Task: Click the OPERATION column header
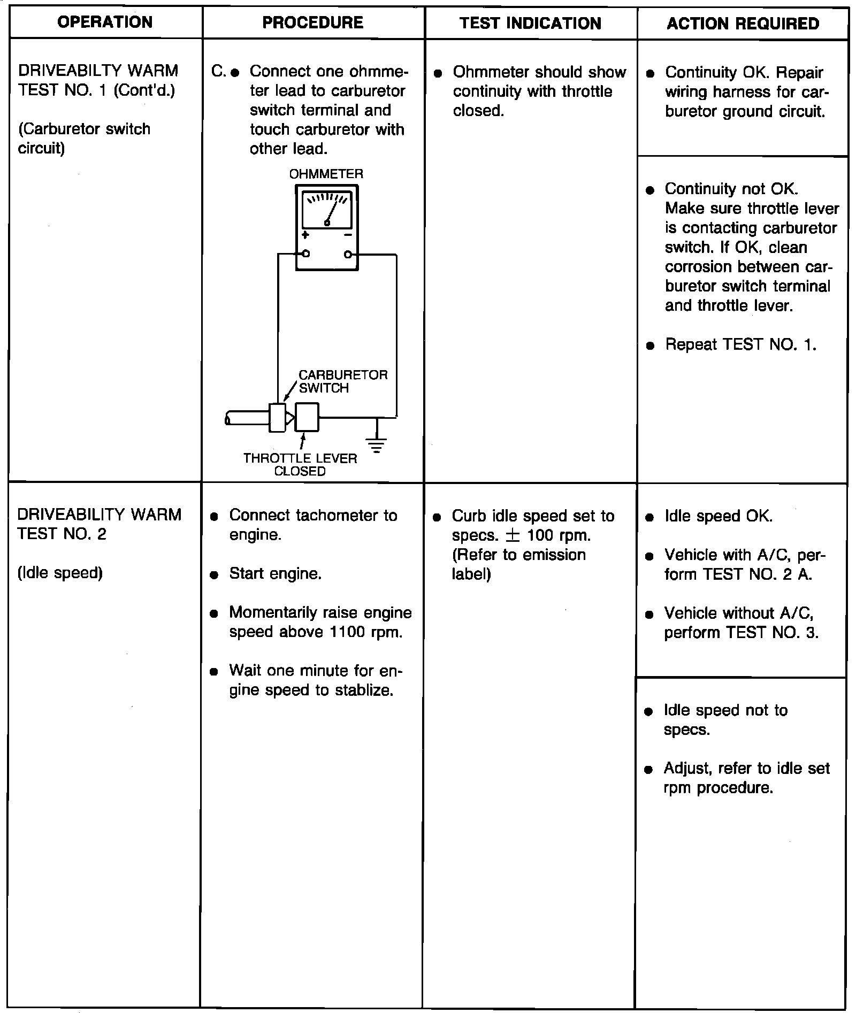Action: [x=105, y=22]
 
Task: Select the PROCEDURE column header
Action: [x=313, y=22]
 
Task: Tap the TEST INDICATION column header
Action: [x=530, y=24]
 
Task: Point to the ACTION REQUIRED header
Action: [x=743, y=24]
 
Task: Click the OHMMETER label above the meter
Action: [x=326, y=174]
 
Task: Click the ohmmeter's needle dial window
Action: [x=327, y=210]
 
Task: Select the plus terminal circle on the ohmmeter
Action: [x=305, y=254]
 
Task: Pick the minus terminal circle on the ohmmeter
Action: [x=348, y=254]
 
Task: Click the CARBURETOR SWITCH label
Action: [x=342, y=381]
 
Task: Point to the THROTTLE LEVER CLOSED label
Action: [x=300, y=464]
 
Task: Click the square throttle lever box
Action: [x=307, y=417]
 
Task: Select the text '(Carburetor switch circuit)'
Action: [x=84, y=139]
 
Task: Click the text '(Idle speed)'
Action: [x=60, y=573]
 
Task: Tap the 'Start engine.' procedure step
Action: [x=275, y=573]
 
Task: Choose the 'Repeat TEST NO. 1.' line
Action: [x=740, y=344]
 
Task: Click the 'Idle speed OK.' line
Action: [x=718, y=516]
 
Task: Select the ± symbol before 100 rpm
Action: [x=513, y=535]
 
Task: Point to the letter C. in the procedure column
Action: [x=218, y=71]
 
